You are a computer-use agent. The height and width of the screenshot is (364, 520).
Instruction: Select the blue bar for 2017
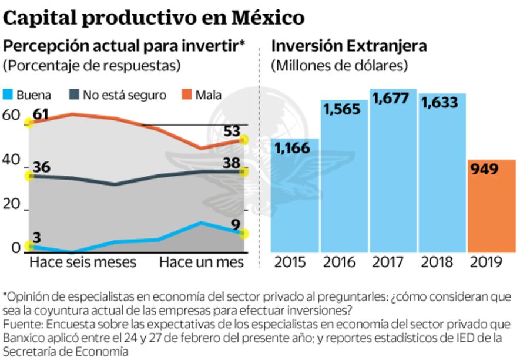pos(393,170)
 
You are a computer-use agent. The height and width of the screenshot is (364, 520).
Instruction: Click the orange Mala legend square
pos(186,95)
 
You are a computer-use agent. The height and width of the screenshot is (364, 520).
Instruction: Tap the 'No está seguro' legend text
pos(124,95)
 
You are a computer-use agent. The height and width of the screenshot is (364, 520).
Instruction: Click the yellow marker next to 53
pos(244,140)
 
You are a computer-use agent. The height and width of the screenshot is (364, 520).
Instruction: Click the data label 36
pos(41,167)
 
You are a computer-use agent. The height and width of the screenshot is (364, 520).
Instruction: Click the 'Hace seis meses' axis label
pos(82,262)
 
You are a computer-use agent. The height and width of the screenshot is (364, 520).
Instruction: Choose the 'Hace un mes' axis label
pos(201,262)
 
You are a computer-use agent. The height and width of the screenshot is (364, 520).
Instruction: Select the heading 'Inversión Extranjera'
pos(349,46)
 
